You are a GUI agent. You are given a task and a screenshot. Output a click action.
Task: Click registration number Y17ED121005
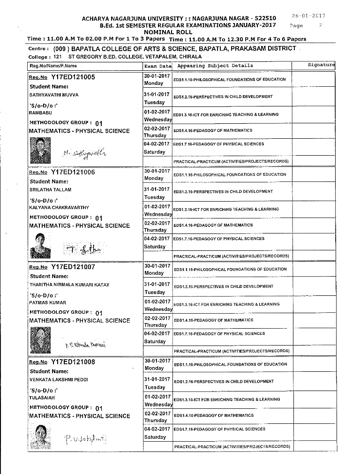point(73,76)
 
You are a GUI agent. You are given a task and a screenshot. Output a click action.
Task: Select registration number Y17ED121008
point(73,362)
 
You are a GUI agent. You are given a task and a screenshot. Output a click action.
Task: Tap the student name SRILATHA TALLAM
point(50,190)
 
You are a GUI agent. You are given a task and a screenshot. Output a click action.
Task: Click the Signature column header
point(321,65)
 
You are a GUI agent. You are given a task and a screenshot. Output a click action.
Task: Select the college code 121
point(58,57)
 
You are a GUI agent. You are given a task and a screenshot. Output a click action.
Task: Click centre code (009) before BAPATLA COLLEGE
point(63,48)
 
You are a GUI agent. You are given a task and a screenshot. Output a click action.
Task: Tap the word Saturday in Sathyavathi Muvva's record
point(155,152)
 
